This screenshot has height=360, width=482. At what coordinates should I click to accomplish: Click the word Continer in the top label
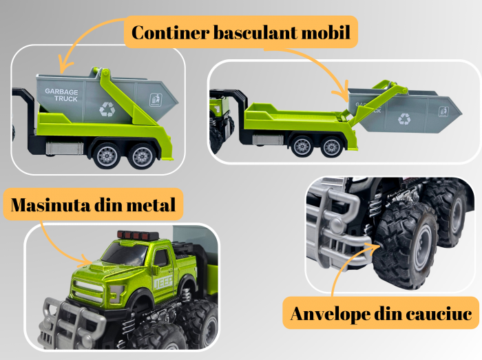point(171,32)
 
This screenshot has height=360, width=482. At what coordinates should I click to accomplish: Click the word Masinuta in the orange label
point(51,204)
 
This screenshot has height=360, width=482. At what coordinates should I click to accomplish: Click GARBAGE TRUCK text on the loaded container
point(61,95)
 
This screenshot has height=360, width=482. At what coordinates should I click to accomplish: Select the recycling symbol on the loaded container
point(107,109)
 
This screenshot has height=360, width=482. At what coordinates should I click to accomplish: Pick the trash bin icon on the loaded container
point(156,100)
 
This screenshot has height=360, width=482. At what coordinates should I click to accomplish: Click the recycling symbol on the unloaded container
point(404,118)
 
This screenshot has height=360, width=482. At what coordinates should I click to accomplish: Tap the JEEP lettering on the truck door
point(163,284)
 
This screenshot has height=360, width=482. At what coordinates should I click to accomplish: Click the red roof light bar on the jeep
point(138,235)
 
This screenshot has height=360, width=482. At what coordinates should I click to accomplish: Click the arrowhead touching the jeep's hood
point(85,262)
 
